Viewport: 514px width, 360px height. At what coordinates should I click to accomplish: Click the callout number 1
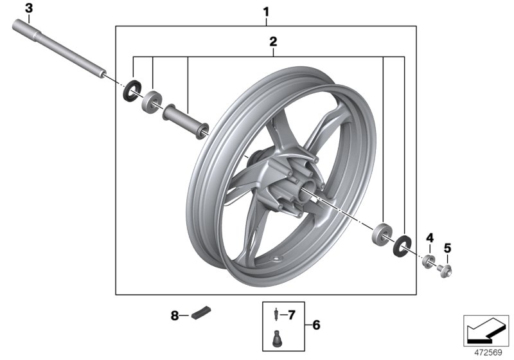click(267, 11)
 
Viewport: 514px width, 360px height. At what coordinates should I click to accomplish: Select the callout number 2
click(273, 42)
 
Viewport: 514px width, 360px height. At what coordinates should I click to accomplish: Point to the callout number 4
click(430, 239)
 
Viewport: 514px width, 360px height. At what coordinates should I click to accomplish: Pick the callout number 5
click(448, 247)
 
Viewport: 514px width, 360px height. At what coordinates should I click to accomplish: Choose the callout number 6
click(315, 325)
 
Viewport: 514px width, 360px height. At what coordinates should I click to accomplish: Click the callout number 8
click(174, 315)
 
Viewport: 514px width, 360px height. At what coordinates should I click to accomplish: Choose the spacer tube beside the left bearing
click(187, 121)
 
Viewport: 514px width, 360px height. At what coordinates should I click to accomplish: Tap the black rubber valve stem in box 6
click(277, 337)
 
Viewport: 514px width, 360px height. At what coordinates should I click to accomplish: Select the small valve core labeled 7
click(276, 315)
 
